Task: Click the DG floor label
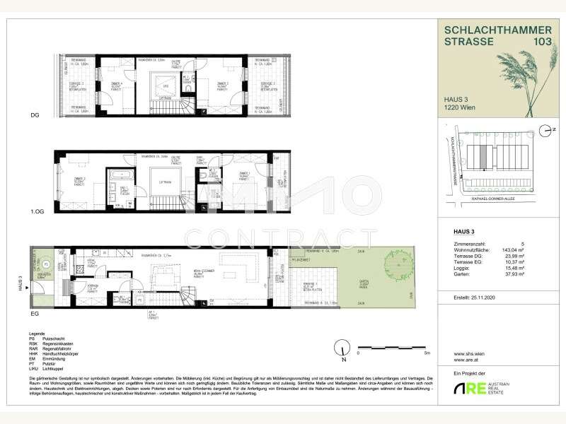(x=34, y=115)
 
